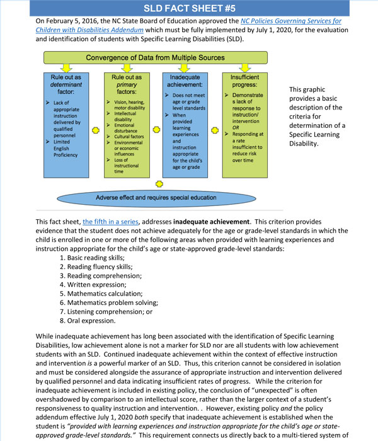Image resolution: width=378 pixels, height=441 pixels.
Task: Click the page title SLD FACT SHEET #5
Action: click(x=189, y=8)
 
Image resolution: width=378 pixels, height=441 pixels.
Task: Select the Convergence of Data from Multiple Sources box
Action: click(x=155, y=57)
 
